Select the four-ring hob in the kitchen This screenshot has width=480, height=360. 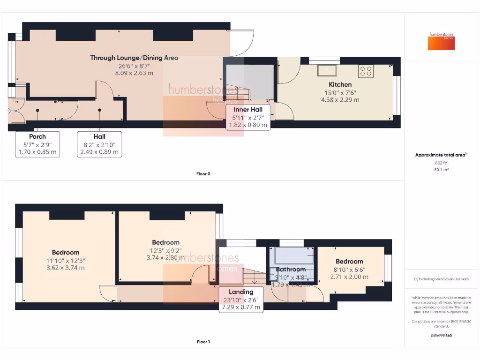pos(366,70)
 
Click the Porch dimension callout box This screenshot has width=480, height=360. pos(37,144)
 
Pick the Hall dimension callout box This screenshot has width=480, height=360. pos(99,144)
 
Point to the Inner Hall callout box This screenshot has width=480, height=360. pos(248,117)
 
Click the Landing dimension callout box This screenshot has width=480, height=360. pos(241,300)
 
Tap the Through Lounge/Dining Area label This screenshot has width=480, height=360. pos(134,58)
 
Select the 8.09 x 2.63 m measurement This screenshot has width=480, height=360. pos(134,73)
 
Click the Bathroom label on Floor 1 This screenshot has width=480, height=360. pos(291,270)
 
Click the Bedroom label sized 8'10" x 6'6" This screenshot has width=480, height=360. pos(349,262)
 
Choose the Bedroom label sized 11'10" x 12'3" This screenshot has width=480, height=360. pos(66,253)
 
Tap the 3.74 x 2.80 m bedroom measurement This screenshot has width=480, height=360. pos(165,257)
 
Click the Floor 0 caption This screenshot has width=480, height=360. pos(203,174)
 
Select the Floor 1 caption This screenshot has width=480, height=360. pos(203,342)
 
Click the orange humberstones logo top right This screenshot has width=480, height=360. pos(442,41)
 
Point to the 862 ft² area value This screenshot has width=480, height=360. pos(442,163)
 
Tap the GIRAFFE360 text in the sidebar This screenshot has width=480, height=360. pos(442,336)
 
